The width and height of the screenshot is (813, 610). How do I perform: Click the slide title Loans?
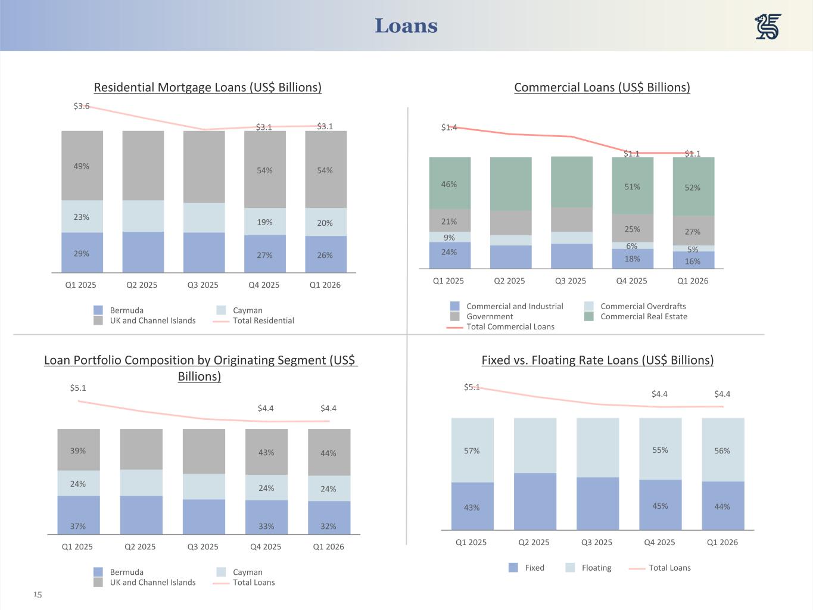coord(406,26)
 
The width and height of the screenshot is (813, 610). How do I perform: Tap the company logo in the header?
coord(768,27)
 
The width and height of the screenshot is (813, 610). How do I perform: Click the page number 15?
coord(38,595)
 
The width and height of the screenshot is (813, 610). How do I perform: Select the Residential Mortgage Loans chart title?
coord(207,88)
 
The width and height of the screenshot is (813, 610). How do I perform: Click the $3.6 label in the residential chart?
coord(82,106)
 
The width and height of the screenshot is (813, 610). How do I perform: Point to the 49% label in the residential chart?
coord(82,166)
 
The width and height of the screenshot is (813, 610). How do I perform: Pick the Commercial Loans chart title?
coord(602,88)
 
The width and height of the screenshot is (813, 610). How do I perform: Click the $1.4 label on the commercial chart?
coord(449,127)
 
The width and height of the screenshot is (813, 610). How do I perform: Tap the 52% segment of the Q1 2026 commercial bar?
coord(693,187)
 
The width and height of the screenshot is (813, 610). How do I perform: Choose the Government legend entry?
coord(489,316)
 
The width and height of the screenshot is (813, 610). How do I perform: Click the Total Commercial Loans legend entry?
coord(510,326)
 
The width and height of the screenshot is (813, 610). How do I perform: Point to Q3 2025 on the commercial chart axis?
coord(571,281)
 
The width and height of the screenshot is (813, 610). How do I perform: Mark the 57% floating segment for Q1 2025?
coord(472,451)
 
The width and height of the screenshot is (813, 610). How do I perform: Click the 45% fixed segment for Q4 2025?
coord(660,506)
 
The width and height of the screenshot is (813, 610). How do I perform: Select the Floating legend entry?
coord(596,568)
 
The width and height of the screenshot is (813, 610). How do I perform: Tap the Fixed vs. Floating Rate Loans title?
coord(597,360)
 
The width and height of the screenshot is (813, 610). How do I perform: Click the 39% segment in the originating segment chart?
coord(78,451)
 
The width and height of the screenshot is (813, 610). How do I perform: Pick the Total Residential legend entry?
coord(263,320)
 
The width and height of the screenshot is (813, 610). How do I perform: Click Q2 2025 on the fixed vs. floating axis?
coord(534,542)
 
